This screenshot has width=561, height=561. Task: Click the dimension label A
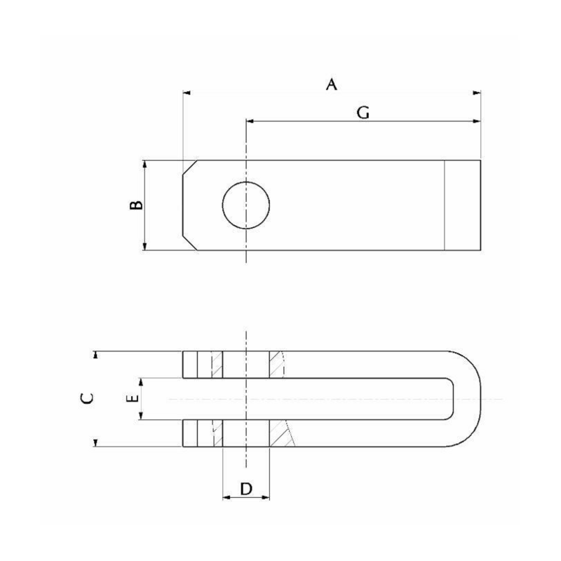coord(332,85)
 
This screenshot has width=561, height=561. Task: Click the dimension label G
coord(363,112)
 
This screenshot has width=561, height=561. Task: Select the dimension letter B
coord(137,205)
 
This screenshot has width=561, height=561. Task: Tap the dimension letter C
coord(86,398)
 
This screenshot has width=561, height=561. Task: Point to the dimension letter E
coord(130,398)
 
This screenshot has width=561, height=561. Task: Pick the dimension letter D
coord(246,489)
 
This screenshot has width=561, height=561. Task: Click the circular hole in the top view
coord(246,205)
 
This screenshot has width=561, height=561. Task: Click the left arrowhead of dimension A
coord(186,92)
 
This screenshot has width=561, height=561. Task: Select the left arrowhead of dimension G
coord(250,121)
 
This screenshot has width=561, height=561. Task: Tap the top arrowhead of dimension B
coord(144,164)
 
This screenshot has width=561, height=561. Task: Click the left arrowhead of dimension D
coord(226,498)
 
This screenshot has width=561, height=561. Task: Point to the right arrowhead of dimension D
coord(266,498)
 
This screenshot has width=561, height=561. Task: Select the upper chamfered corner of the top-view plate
coord(189,167)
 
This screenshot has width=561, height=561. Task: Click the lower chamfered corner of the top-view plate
coord(189,243)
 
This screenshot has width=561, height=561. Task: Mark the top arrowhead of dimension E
coord(142,382)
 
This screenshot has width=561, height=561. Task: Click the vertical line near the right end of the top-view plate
coord(445,205)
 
